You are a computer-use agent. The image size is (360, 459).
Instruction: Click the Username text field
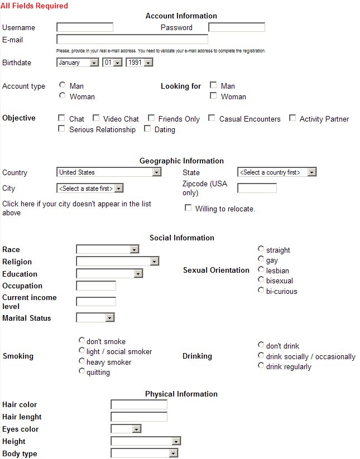click(x=85, y=27)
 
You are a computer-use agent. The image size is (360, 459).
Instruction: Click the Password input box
click(x=236, y=27)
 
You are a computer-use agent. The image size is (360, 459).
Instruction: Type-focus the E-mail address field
click(x=132, y=40)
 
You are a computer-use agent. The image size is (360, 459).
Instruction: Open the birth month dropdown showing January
click(x=78, y=62)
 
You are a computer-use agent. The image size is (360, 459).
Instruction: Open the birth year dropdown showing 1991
click(x=140, y=62)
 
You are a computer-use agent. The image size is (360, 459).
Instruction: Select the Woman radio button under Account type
click(x=63, y=96)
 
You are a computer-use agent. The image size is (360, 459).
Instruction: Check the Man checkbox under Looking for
click(x=213, y=85)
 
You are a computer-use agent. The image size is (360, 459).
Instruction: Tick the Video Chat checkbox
click(x=96, y=118)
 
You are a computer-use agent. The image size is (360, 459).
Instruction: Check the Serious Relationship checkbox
click(x=61, y=129)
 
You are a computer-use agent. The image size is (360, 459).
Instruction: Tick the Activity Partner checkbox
click(x=292, y=118)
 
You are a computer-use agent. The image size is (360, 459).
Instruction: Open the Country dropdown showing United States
click(x=109, y=172)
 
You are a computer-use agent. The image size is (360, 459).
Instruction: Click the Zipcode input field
click(x=257, y=188)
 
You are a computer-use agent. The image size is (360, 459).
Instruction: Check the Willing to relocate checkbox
click(x=188, y=208)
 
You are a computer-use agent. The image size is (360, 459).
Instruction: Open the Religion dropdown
click(x=117, y=261)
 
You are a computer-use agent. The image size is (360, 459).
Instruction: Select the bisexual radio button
click(x=261, y=280)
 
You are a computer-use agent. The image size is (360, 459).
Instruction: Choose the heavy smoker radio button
click(x=82, y=361)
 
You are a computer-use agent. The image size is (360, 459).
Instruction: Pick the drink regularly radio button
click(x=261, y=366)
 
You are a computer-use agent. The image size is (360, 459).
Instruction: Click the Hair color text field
click(x=139, y=404)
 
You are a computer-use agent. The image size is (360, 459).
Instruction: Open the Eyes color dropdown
click(x=126, y=429)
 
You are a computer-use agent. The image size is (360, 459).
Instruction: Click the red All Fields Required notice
click(x=35, y=6)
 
